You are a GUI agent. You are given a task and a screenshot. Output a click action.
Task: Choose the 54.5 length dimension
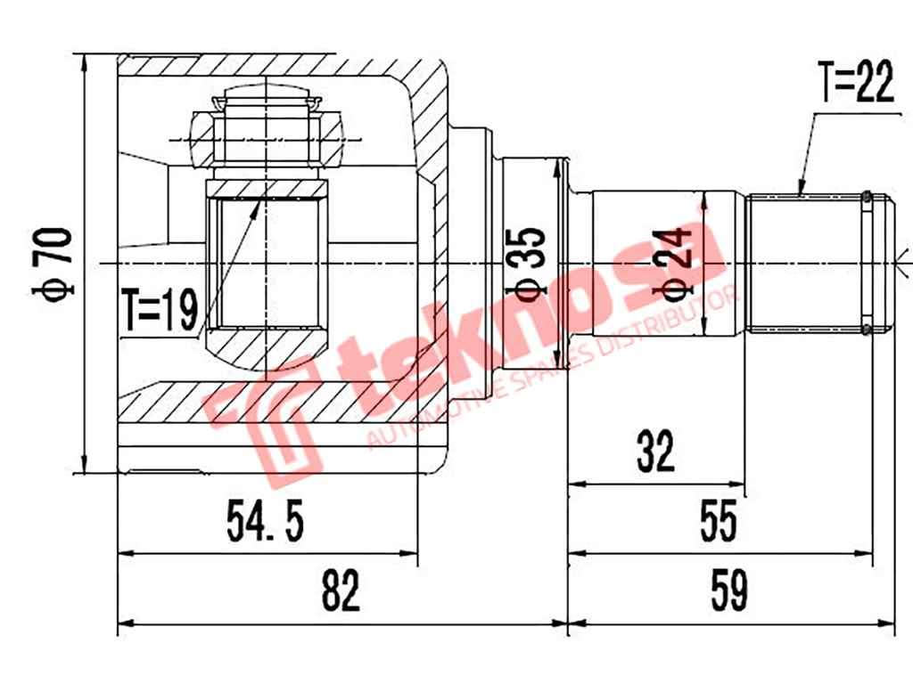[x=266, y=522]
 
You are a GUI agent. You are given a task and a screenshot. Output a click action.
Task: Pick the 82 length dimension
[x=341, y=590]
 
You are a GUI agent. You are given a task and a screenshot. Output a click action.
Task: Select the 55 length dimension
[x=719, y=522]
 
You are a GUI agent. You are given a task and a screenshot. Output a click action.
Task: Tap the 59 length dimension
[x=729, y=590]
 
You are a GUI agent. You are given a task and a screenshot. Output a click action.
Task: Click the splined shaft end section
[x=807, y=264]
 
